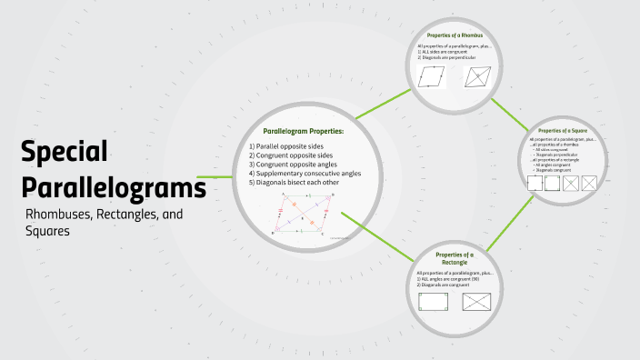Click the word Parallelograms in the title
click(114, 188)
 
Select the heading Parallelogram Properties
click(303, 131)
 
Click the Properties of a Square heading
click(563, 130)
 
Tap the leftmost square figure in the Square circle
click(535, 183)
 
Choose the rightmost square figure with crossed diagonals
click(589, 183)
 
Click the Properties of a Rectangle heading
click(455, 258)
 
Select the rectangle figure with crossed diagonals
click(477, 301)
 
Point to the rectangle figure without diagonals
click(433, 301)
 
